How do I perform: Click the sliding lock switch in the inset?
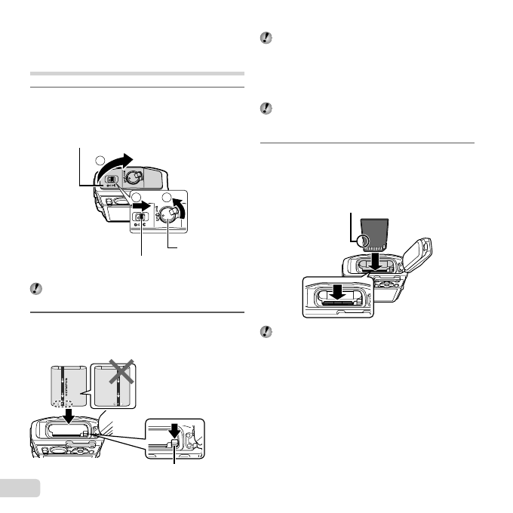140,217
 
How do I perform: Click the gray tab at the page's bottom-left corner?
16,489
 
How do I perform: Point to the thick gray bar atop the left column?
137,74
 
